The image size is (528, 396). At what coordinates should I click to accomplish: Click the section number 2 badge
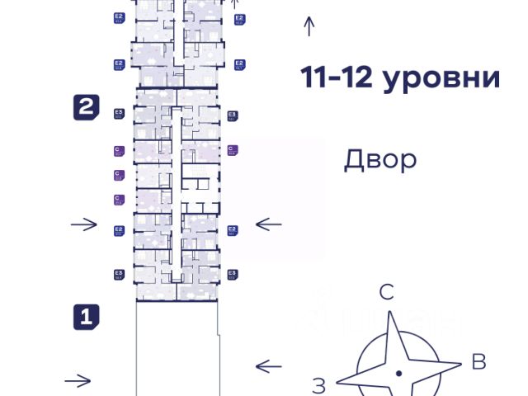click(x=87, y=107)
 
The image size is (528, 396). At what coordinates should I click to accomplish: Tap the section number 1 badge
click(x=87, y=316)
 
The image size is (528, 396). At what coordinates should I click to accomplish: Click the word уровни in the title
click(x=446, y=78)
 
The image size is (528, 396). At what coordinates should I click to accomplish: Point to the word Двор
click(x=380, y=158)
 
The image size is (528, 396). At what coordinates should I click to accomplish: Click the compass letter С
click(x=387, y=291)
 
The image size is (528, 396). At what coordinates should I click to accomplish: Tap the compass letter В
click(x=478, y=361)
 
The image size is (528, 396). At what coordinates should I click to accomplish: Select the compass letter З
click(x=319, y=384)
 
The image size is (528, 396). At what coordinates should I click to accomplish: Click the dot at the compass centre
click(x=399, y=374)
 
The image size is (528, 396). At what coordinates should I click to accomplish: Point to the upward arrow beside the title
click(x=309, y=26)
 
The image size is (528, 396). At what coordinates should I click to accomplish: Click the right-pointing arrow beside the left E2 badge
click(x=84, y=224)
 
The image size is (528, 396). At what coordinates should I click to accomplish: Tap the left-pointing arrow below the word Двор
click(x=269, y=224)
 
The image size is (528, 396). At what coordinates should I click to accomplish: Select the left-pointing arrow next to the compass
click(x=269, y=365)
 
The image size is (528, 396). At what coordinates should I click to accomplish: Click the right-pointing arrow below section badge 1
click(x=78, y=380)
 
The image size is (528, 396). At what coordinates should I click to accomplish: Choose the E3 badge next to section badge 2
click(x=119, y=114)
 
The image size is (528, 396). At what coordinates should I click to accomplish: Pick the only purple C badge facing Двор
click(x=233, y=150)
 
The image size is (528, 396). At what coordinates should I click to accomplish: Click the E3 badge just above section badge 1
click(x=119, y=275)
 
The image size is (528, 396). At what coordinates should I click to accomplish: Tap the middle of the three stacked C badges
click(x=118, y=175)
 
